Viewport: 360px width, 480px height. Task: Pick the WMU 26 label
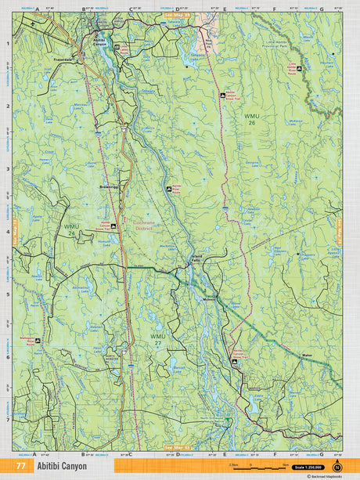click(250, 118)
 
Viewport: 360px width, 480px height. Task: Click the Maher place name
click(308, 357)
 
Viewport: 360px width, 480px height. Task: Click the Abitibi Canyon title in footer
click(70, 466)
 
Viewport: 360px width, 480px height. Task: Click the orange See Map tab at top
click(177, 15)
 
